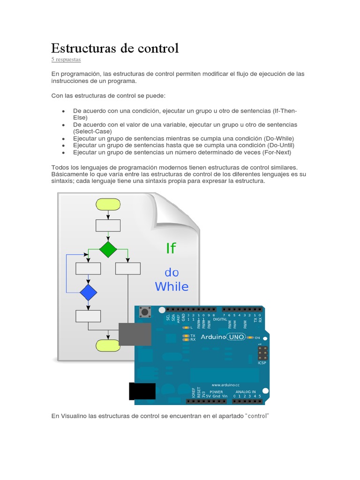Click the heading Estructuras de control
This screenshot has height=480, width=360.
coord(115,48)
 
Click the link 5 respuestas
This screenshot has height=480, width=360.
coord(66,60)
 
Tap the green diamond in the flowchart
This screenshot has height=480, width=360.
coord(108,249)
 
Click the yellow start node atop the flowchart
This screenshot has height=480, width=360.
coord(108,204)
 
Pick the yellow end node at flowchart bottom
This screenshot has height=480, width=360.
coord(108,345)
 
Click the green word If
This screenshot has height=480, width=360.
coord(171,248)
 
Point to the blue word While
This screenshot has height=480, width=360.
coord(172,286)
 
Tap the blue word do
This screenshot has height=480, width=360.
coord(172,272)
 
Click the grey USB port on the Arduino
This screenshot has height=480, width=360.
coord(135,334)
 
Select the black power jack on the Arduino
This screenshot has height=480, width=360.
coord(142,391)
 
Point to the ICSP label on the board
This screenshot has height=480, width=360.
coord(262,362)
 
